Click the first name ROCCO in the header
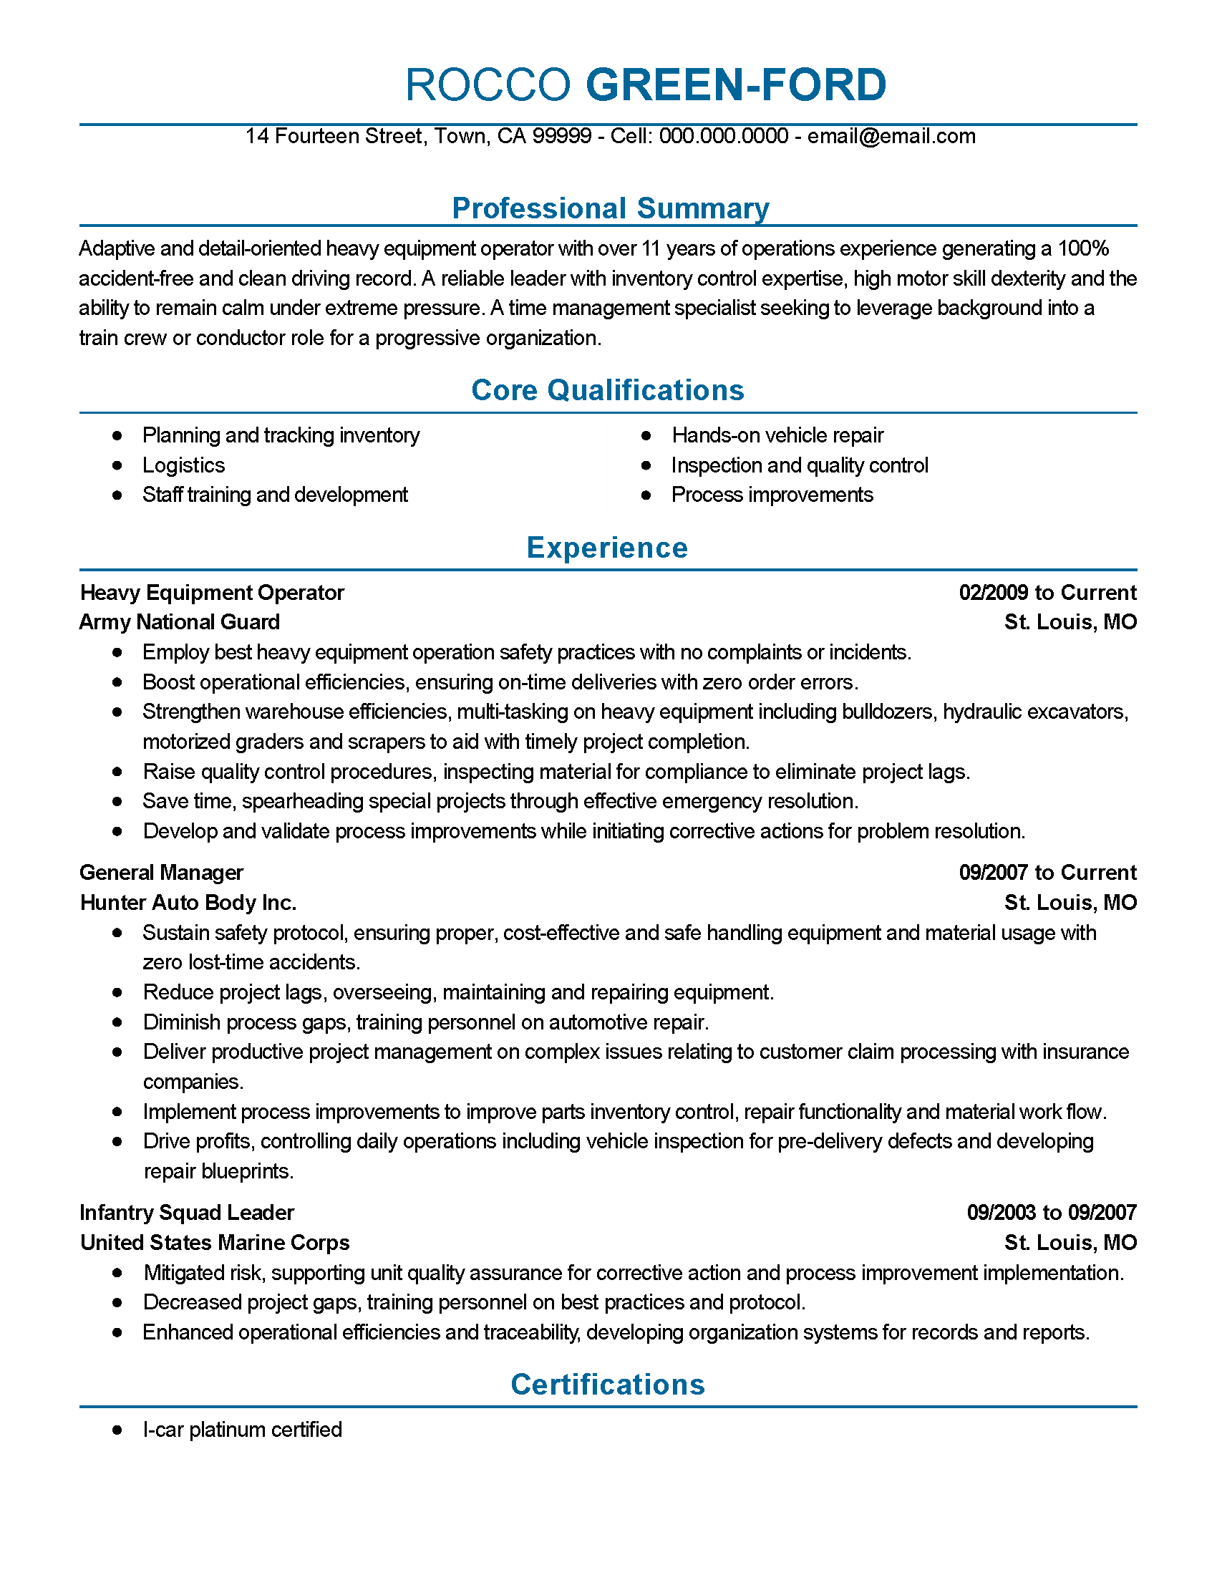[x=488, y=85]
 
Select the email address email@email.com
[x=891, y=136]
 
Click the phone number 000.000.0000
[x=723, y=136]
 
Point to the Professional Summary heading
[x=610, y=208]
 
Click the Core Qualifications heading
[x=607, y=390]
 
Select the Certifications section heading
[x=607, y=1385]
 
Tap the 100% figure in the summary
[x=1083, y=249]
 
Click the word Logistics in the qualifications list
[x=183, y=465]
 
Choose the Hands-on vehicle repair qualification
[x=777, y=435]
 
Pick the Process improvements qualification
[x=772, y=495]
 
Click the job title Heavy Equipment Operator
[x=212, y=593]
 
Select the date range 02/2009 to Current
[x=1047, y=593]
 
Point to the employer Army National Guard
[x=180, y=622]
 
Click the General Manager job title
[x=162, y=873]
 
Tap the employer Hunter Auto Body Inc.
[x=188, y=903]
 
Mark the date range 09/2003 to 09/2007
[x=1051, y=1213]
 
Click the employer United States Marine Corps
[x=215, y=1243]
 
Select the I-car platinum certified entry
[x=242, y=1430]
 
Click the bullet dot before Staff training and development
[x=117, y=495]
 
